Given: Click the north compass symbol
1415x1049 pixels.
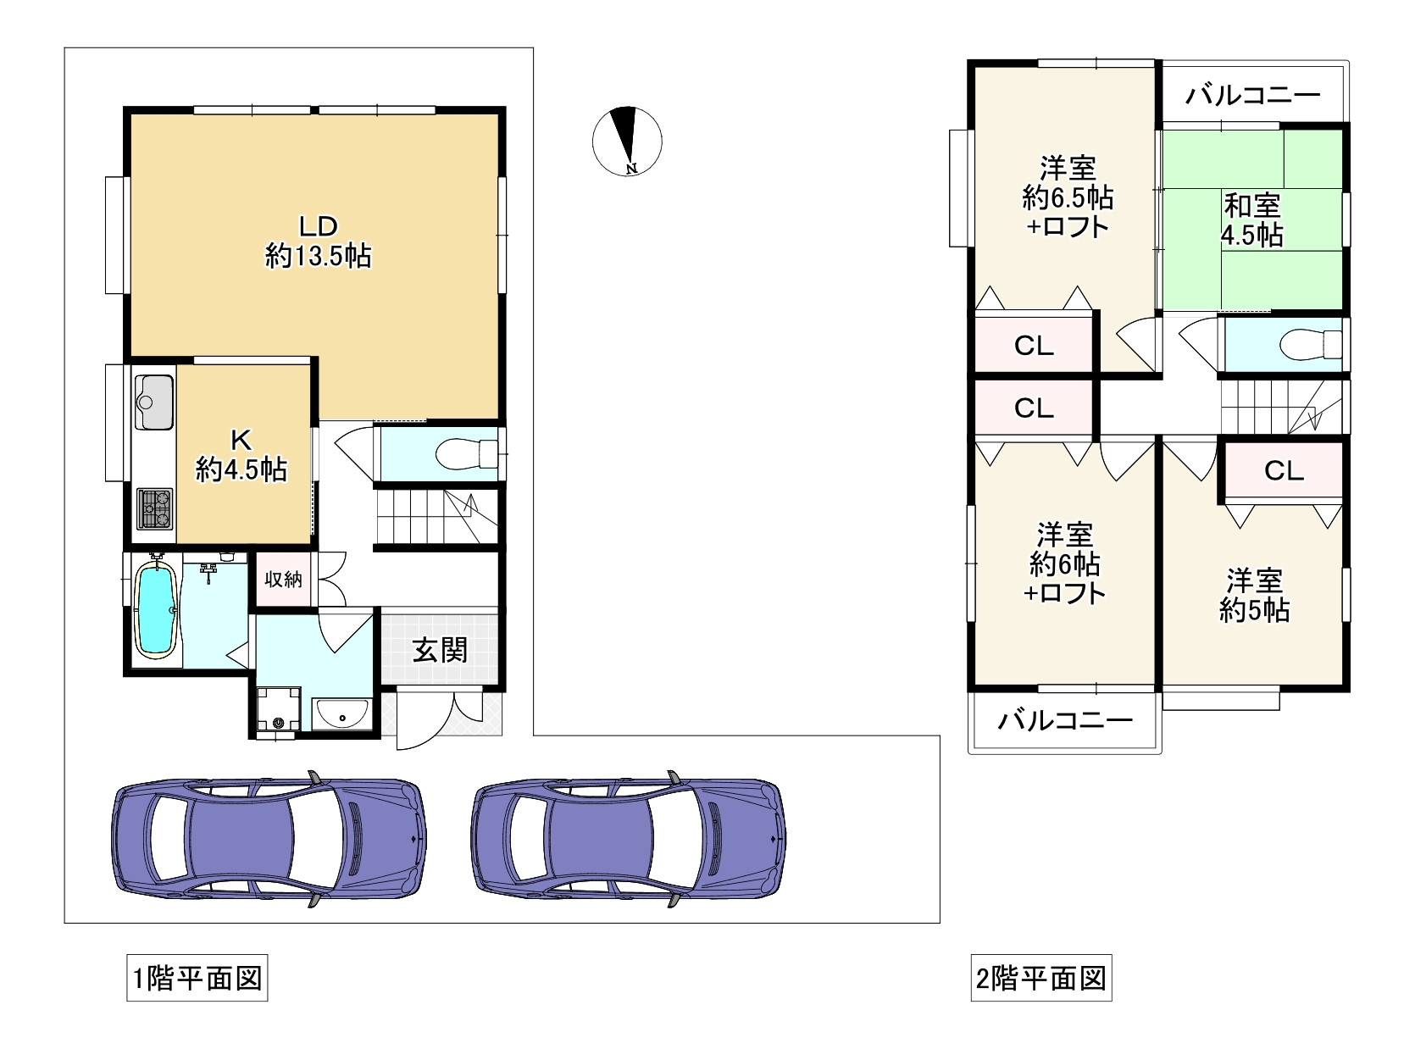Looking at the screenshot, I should (x=627, y=141).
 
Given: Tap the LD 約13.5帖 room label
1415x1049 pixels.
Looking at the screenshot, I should (x=318, y=241).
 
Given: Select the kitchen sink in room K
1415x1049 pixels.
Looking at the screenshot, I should (x=153, y=402).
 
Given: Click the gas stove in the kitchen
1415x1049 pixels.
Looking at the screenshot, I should (x=154, y=508).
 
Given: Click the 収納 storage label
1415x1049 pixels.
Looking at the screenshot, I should (x=283, y=580).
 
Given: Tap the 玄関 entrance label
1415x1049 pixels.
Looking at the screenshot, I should (x=440, y=651).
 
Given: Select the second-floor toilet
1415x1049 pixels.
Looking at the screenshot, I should (x=1309, y=345).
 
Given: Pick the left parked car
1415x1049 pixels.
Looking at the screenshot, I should (x=269, y=839).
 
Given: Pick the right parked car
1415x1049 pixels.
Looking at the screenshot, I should (x=628, y=839).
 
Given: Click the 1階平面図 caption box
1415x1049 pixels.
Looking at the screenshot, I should (x=197, y=980).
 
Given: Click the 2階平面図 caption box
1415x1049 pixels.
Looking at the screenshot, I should (x=1041, y=980).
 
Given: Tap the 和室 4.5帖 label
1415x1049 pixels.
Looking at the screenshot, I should (x=1252, y=219).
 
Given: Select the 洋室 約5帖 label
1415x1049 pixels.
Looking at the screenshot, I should (x=1254, y=596).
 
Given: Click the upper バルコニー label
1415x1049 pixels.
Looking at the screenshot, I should (x=1252, y=94).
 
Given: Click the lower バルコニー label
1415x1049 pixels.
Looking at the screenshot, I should (x=1065, y=721).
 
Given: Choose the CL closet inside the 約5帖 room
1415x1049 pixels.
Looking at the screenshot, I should (x=1283, y=471).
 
